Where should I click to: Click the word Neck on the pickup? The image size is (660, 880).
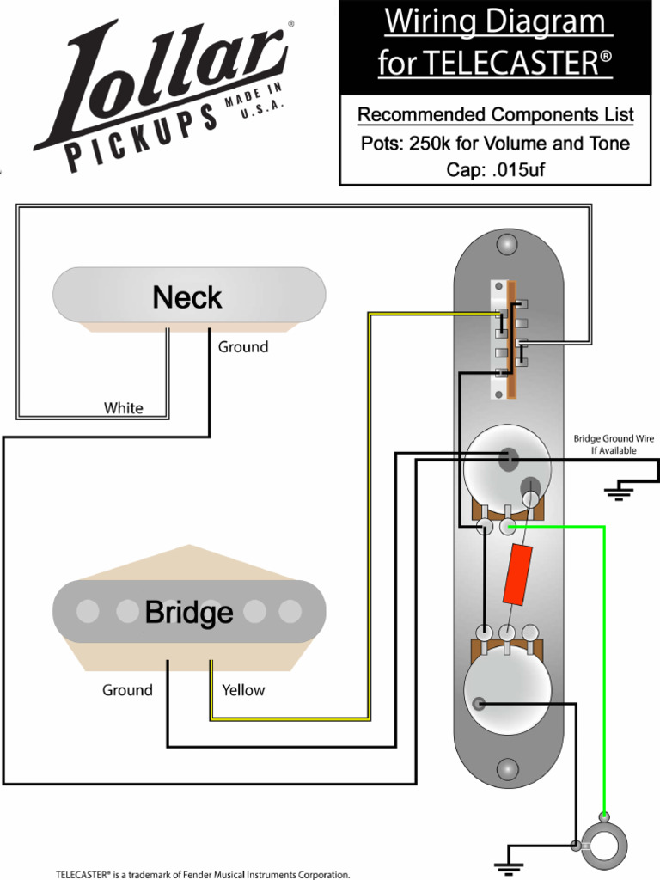[x=187, y=298]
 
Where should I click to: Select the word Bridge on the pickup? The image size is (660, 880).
[x=189, y=613]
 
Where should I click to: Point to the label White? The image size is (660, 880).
[x=124, y=408]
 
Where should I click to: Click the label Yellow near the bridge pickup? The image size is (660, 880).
[x=243, y=690]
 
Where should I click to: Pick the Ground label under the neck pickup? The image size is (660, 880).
[x=242, y=347]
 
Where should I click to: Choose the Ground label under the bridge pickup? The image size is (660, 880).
[x=127, y=690]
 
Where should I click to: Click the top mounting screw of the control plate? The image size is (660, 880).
[x=508, y=245]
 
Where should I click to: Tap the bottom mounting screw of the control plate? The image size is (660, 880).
[x=508, y=768]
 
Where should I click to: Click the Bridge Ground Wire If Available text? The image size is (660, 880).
[x=614, y=444]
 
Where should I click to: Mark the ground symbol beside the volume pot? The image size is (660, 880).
[x=619, y=492]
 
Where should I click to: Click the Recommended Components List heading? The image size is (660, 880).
[x=495, y=115]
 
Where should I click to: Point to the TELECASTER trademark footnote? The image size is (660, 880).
[x=203, y=874]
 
